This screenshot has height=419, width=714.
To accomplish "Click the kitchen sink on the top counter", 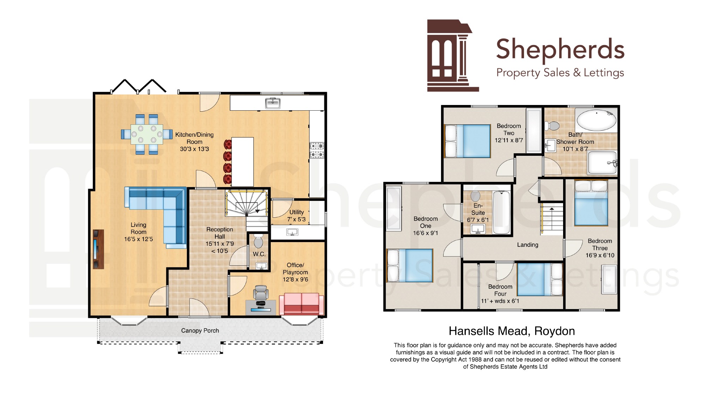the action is [x=273, y=103].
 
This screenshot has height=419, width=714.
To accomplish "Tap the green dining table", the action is [x=147, y=134].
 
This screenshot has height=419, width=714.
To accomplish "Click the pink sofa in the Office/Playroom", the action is [x=301, y=304].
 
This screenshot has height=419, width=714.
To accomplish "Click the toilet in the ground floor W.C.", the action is [x=258, y=241].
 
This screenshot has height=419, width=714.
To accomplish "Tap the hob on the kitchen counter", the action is [x=317, y=150].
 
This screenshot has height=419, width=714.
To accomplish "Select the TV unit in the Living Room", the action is [x=98, y=249].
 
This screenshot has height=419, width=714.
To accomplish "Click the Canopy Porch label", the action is [x=200, y=331].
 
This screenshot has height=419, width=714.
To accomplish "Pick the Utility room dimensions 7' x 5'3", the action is [x=296, y=219].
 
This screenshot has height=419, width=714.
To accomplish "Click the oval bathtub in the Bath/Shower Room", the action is [x=597, y=120].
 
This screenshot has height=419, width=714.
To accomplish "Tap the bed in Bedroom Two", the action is [x=468, y=141].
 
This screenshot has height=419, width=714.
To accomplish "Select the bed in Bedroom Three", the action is [x=591, y=203].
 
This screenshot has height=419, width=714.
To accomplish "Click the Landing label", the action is [x=527, y=245].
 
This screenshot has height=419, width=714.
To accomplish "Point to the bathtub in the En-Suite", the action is [x=501, y=212].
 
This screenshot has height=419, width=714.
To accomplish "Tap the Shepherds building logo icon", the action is [x=453, y=55].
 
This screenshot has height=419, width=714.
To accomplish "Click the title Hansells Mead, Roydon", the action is [x=512, y=331].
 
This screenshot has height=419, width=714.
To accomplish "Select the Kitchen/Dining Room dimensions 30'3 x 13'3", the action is [x=194, y=149].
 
